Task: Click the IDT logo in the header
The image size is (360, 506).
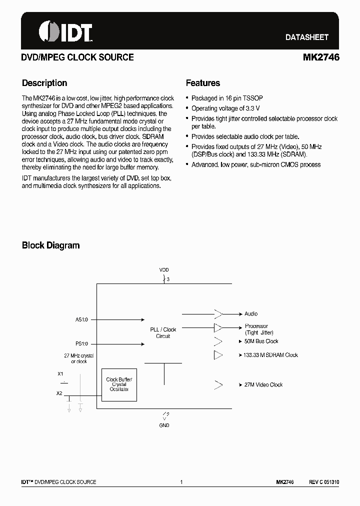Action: tap(65, 31)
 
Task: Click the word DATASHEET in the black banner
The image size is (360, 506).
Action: tap(306, 37)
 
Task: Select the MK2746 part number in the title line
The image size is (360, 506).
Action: tap(321, 57)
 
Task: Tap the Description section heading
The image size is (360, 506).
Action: tap(44, 83)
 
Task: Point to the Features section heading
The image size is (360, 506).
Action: tap(203, 83)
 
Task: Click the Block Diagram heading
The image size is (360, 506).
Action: tap(50, 245)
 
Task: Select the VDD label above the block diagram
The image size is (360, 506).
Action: tap(164, 270)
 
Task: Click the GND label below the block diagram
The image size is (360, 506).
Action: tap(164, 425)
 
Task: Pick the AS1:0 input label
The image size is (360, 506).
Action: tap(81, 319)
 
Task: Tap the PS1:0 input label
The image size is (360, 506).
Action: tap(81, 344)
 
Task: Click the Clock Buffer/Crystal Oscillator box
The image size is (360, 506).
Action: tap(119, 384)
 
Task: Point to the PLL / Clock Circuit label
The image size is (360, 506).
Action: tap(163, 332)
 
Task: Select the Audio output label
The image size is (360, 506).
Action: tap(251, 314)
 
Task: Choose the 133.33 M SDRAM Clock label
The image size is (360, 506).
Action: tap(271, 355)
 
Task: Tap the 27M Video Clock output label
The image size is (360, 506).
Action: tap(263, 385)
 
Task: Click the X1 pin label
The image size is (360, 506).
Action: tap(60, 374)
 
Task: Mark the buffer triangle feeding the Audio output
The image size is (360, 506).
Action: tap(218, 314)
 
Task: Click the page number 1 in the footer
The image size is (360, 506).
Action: tap(181, 482)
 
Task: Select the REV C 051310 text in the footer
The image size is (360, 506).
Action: tap(323, 482)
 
